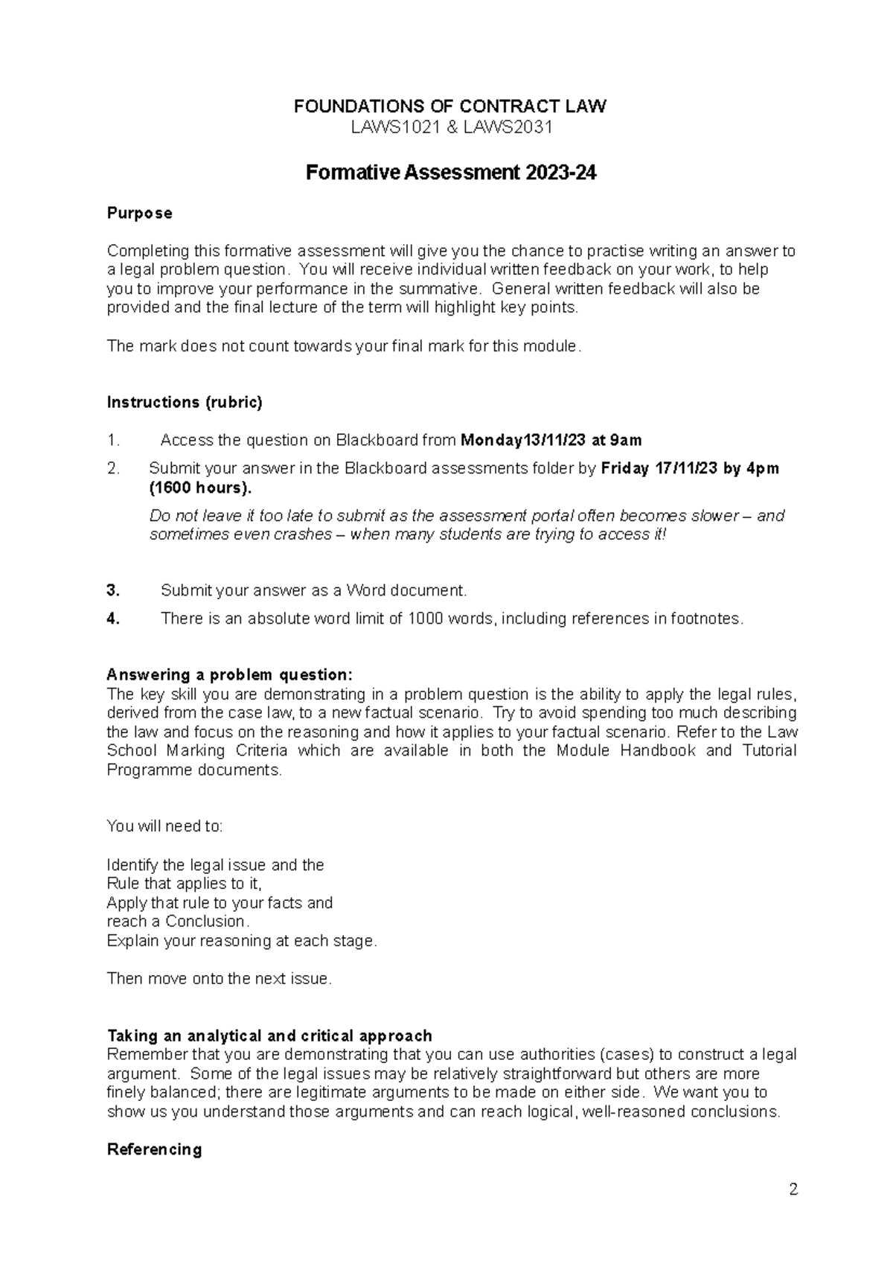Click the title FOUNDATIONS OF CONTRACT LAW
(449, 106)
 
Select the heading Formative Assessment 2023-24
(451, 173)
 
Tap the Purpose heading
(139, 214)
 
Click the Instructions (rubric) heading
(185, 403)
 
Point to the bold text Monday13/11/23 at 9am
(551, 441)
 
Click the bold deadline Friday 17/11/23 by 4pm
(690, 469)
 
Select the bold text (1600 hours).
(200, 488)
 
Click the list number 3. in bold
(113, 591)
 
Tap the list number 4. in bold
(113, 619)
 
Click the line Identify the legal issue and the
(215, 865)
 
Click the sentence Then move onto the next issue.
(219, 979)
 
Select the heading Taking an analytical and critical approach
(269, 1036)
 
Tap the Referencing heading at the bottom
(154, 1150)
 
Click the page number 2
(793, 1190)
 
